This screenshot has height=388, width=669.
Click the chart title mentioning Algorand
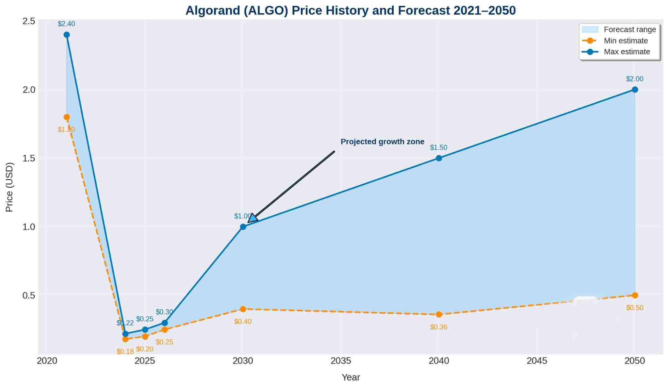[x=351, y=10]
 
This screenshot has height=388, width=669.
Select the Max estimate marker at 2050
[x=635, y=90]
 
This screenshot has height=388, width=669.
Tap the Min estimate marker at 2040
[x=439, y=314]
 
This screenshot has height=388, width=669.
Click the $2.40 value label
[x=66, y=24]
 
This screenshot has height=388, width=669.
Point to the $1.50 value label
[x=438, y=147]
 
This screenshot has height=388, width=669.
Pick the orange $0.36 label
[x=438, y=327]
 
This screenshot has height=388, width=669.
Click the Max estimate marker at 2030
[x=243, y=227]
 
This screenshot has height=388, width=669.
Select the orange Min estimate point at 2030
[x=243, y=309]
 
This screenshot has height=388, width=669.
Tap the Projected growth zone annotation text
[x=383, y=142]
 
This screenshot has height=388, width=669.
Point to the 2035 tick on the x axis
[x=341, y=361]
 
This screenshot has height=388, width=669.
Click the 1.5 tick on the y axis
[x=29, y=158]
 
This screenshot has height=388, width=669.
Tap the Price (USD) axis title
[x=9, y=187]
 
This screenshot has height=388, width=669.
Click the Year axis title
[x=351, y=377]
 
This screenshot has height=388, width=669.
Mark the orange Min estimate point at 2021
[x=67, y=117]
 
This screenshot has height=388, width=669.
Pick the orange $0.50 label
[x=634, y=308]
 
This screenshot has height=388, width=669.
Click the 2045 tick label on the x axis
[x=537, y=361]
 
